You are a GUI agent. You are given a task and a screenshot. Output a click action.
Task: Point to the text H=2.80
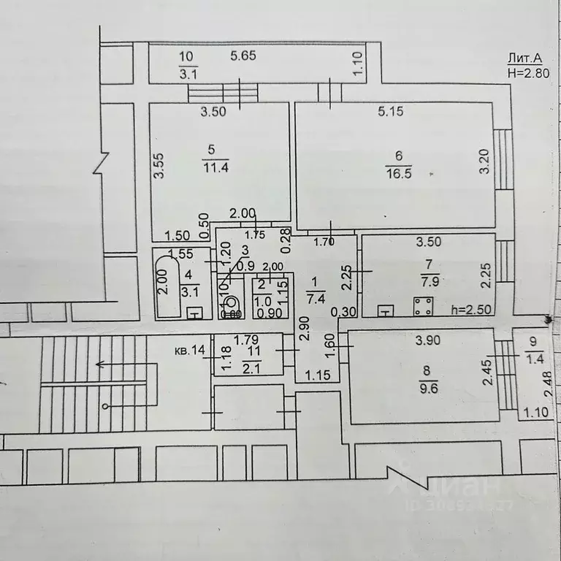[x=527, y=72]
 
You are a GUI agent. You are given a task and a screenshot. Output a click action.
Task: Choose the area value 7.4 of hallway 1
[x=316, y=297]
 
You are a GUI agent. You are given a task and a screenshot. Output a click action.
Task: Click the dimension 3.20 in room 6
[x=483, y=161]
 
